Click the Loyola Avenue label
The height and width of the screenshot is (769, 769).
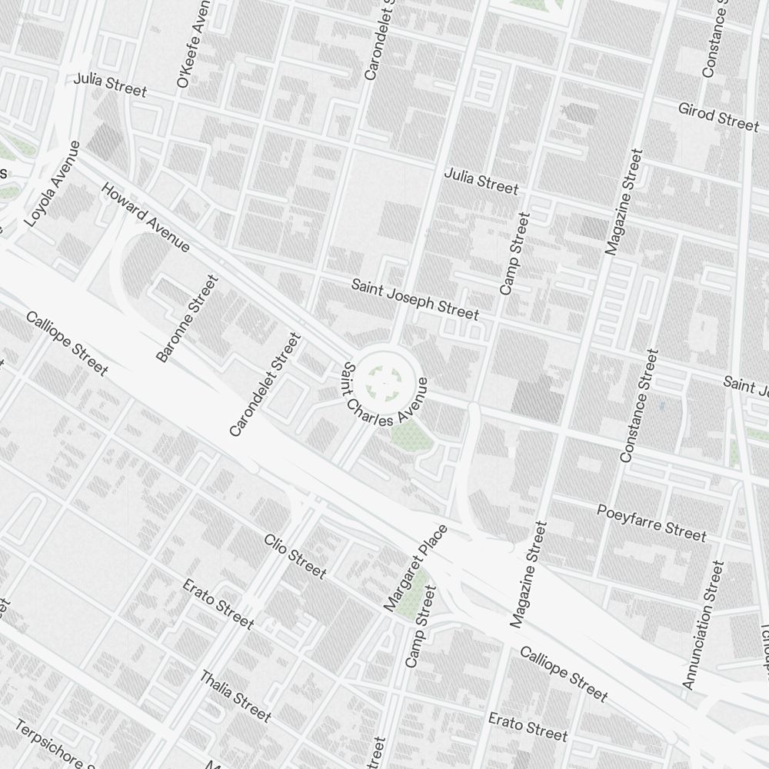pyautogui.click(x=52, y=184)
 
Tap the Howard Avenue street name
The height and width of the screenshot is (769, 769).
pyautogui.click(x=145, y=217)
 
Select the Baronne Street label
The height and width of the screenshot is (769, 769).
pyautogui.click(x=188, y=318)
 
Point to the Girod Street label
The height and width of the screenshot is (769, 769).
pyautogui.click(x=718, y=116)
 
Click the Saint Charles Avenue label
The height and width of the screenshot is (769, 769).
pyautogui.click(x=384, y=394)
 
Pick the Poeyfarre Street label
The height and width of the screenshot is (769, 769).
pyautogui.click(x=651, y=521)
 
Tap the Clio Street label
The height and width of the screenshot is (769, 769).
pyautogui.click(x=295, y=556)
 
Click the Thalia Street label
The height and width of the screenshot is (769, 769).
pyautogui.click(x=236, y=697)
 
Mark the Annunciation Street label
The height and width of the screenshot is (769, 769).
pyautogui.click(x=703, y=624)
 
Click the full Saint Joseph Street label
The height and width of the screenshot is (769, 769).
pyautogui.click(x=415, y=299)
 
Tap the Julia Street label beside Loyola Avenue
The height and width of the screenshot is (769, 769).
pyautogui.click(x=110, y=85)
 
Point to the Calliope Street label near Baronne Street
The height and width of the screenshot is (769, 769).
pyautogui.click(x=67, y=344)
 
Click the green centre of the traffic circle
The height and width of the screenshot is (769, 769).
pyautogui.click(x=382, y=378)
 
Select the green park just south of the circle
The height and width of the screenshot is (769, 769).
pyautogui.click(x=405, y=434)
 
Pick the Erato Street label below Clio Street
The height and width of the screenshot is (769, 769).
pyautogui.click(x=218, y=604)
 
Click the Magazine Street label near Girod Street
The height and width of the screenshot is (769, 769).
pyautogui.click(x=623, y=202)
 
